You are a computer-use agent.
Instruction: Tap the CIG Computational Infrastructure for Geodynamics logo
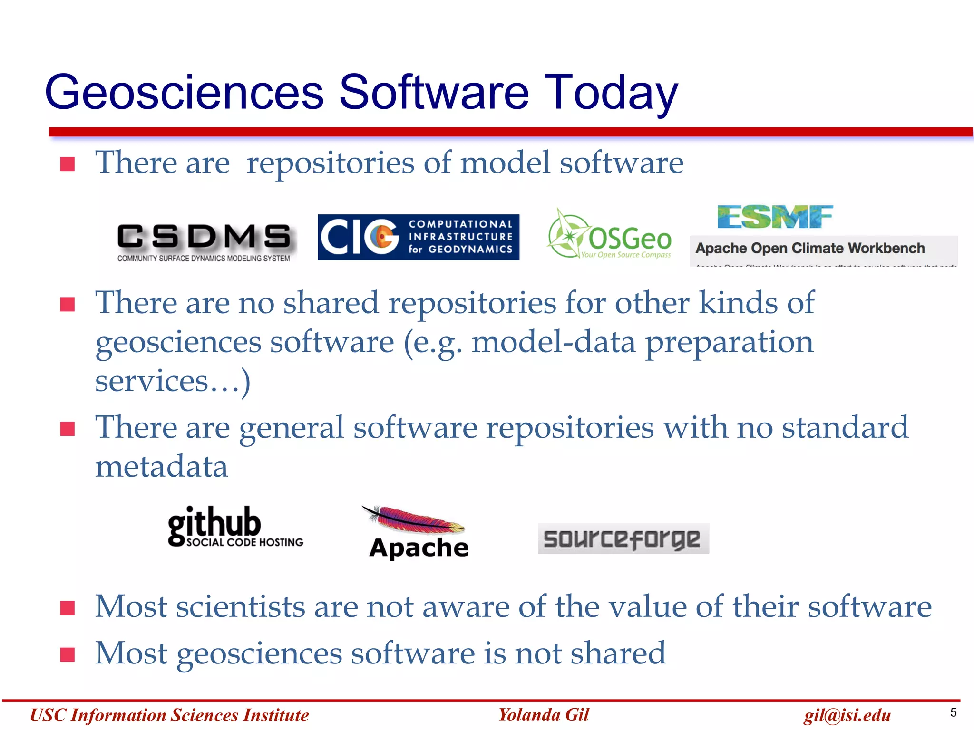[418, 237]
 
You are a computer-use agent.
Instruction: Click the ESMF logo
[775, 217]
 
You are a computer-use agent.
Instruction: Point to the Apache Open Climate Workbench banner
[823, 250]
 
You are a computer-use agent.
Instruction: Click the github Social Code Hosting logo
[234, 527]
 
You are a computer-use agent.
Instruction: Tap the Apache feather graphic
[414, 519]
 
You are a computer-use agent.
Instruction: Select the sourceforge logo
[623, 538]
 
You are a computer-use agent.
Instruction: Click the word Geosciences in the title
[185, 93]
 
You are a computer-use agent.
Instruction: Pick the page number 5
[953, 712]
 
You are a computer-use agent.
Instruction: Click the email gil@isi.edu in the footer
[847, 715]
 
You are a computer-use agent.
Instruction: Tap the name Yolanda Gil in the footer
[544, 715]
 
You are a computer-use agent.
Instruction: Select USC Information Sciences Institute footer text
[169, 715]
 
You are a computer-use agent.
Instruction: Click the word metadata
[162, 467]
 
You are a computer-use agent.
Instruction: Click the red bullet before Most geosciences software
[68, 654]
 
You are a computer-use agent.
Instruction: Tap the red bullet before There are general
[68, 429]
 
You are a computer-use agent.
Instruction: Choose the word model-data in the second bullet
[553, 343]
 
